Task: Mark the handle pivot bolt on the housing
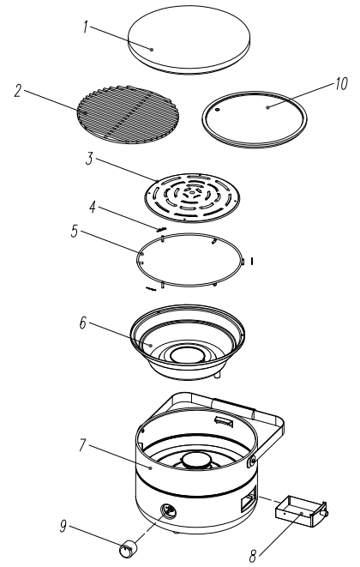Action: tap(251, 461)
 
